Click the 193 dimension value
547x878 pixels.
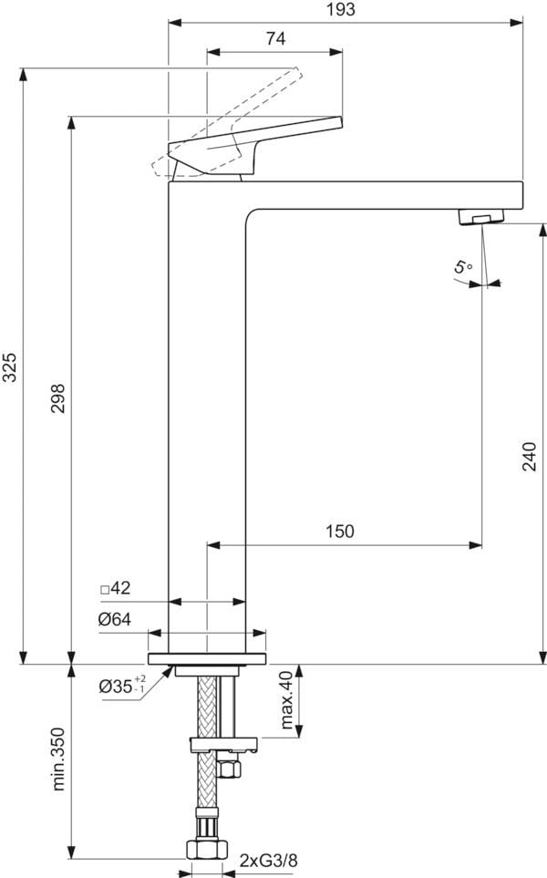coord(341,9)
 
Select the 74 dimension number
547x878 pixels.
coord(275,38)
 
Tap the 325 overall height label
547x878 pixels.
coord(10,367)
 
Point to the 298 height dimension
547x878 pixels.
coord(57,398)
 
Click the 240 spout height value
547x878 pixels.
coord(530,457)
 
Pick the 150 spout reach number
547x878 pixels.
coord(340,531)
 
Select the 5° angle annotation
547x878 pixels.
coord(463,266)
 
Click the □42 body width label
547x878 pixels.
coord(115,588)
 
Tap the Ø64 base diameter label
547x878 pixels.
coord(115,619)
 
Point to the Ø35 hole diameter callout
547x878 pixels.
coord(122,686)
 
